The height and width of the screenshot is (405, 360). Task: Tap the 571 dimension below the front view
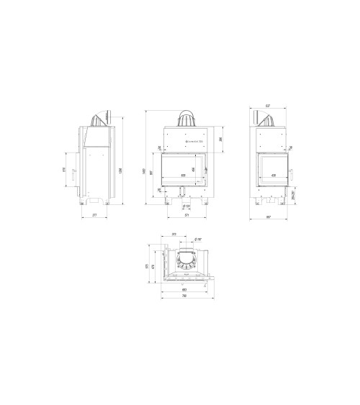[186, 214]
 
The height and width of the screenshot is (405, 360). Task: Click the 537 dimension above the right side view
[268, 106]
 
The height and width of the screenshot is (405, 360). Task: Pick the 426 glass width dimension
[272, 175]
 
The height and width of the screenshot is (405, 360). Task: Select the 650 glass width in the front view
[183, 175]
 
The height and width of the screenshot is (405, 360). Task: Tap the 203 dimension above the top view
[174, 235]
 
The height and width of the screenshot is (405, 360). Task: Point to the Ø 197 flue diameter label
[198, 240]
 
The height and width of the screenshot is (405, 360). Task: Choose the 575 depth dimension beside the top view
[147, 265]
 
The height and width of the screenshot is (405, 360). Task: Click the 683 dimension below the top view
[184, 290]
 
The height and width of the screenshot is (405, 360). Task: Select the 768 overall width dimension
[184, 296]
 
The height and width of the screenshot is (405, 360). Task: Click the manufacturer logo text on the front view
[193, 142]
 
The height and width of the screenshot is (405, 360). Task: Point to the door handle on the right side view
[292, 173]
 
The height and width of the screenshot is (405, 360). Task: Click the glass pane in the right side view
[272, 167]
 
